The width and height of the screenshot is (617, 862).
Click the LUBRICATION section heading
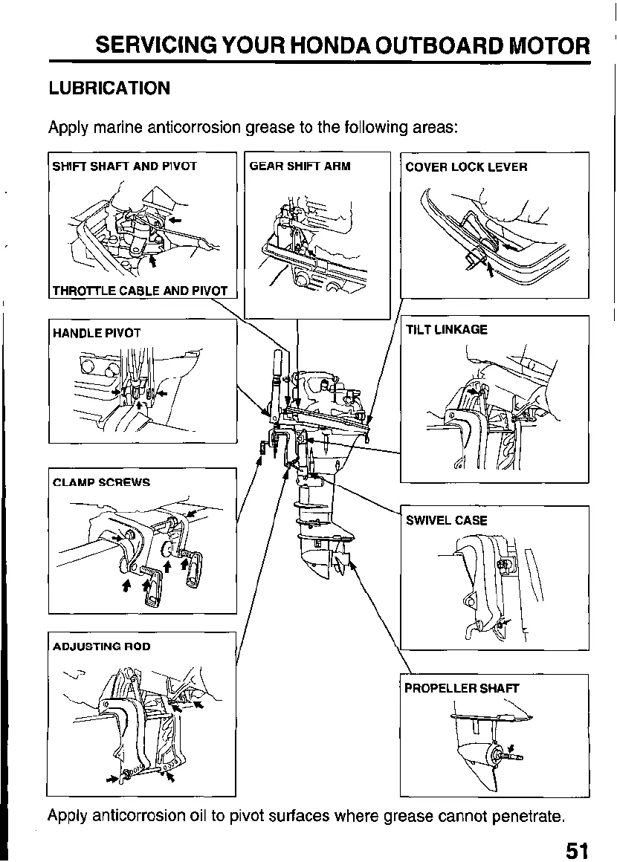109,88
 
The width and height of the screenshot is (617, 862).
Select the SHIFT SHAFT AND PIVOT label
124,166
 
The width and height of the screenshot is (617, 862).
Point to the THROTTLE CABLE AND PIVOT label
140,291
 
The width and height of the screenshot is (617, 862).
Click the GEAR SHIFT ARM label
300,166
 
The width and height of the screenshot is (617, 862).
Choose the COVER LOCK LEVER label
466,166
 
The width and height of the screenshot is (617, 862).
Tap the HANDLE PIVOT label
97,333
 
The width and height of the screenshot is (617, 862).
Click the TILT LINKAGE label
447,330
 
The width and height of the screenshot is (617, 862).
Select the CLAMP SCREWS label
102,482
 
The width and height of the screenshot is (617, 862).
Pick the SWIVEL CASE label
447,520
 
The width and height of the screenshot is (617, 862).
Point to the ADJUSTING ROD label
102,646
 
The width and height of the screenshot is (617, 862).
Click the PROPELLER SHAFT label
462,688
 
